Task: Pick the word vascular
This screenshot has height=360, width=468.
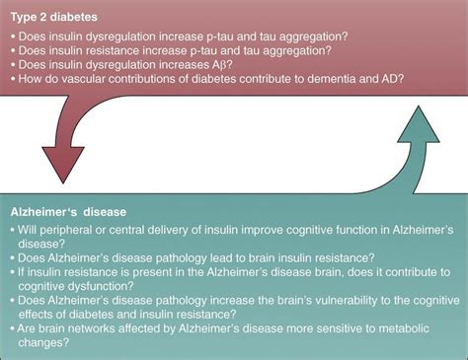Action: pyautogui.click(x=95, y=82)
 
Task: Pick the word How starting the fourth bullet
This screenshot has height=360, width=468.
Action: pyautogui.click(x=32, y=82)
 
